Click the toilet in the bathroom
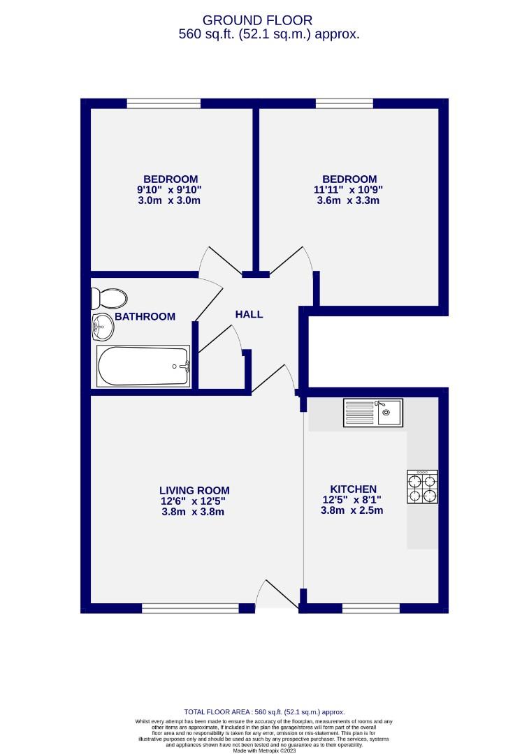[108, 298]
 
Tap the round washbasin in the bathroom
[102, 325]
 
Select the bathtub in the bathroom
[143, 366]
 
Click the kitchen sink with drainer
[372, 412]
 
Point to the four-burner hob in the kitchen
[422, 487]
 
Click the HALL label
[249, 314]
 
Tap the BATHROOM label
[145, 317]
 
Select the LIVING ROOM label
[194, 491]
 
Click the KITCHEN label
[353, 489]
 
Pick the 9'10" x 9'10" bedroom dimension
[171, 190]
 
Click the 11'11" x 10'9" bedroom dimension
[349, 190]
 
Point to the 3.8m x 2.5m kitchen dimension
[352, 510]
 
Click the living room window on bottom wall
[189, 608]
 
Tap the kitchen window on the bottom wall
[370, 608]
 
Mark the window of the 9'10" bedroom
[164, 104]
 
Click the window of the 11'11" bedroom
[344, 104]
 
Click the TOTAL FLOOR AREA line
[264, 711]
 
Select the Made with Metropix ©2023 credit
[264, 751]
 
